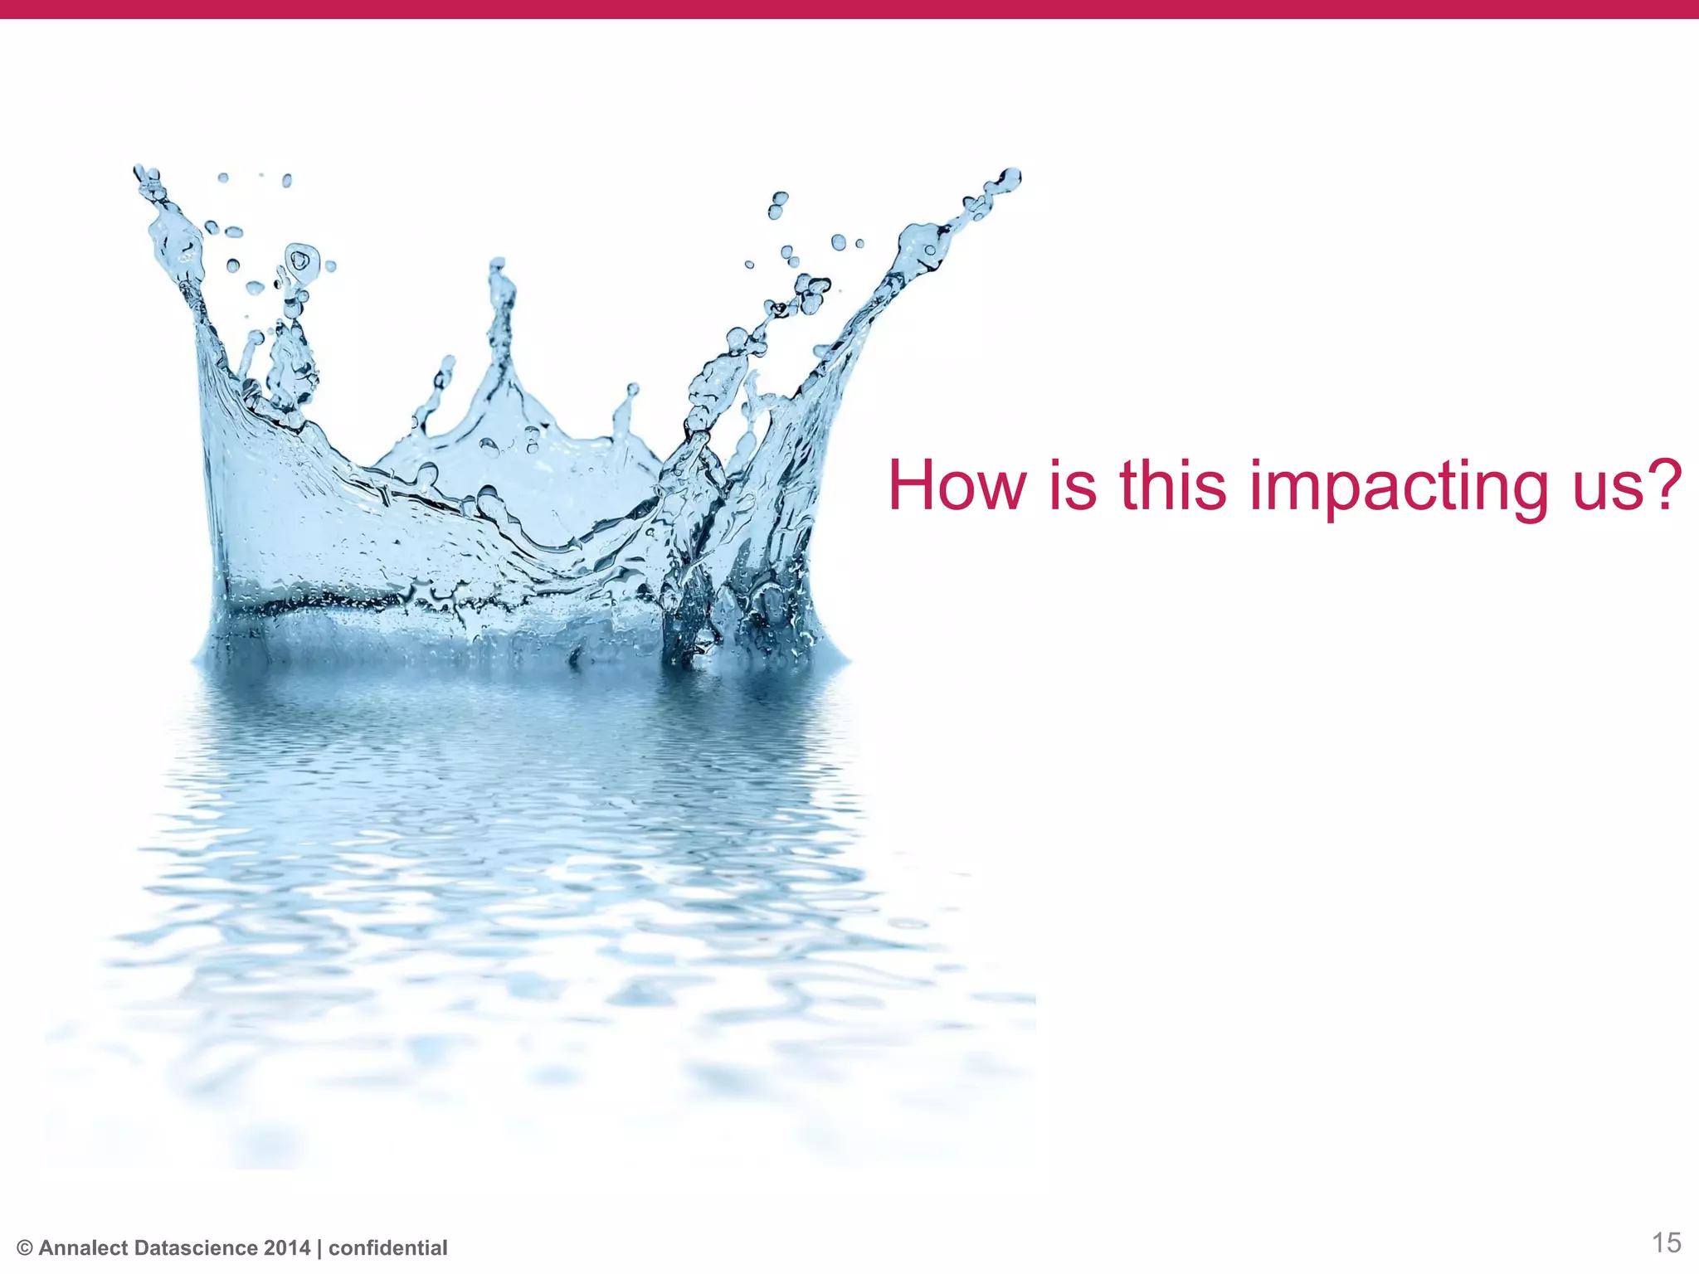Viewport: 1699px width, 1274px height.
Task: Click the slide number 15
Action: coord(1666,1242)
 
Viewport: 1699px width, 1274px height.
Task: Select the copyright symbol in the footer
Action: coord(24,1248)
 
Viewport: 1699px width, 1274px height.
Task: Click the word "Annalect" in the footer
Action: coord(83,1248)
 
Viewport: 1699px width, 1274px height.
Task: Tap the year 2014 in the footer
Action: coord(286,1248)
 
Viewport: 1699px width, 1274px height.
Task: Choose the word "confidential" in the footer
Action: coord(387,1248)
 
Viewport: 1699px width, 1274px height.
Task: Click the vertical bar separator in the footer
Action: coord(319,1248)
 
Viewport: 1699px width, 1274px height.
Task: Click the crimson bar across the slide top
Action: coord(849,9)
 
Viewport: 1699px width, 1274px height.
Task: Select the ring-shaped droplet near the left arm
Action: coord(300,260)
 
